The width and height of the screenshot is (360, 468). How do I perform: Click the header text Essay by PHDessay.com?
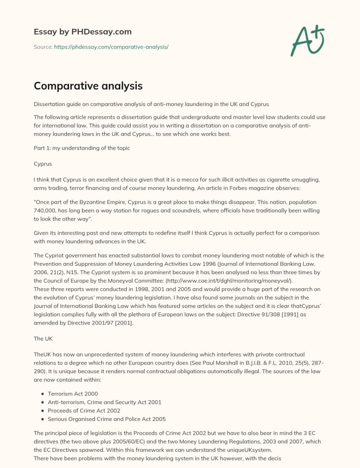pyautogui.click(x=82, y=31)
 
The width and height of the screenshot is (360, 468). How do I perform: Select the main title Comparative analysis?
pyautogui.click(x=88, y=85)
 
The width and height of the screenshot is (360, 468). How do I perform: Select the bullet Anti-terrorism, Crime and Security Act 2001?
pyautogui.click(x=104, y=402)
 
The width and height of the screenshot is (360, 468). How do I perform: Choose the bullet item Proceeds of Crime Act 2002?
pyautogui.click(x=84, y=410)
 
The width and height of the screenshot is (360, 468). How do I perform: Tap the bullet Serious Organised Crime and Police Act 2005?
pyautogui.click(x=107, y=419)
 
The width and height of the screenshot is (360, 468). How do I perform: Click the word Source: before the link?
pyautogui.click(x=43, y=47)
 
